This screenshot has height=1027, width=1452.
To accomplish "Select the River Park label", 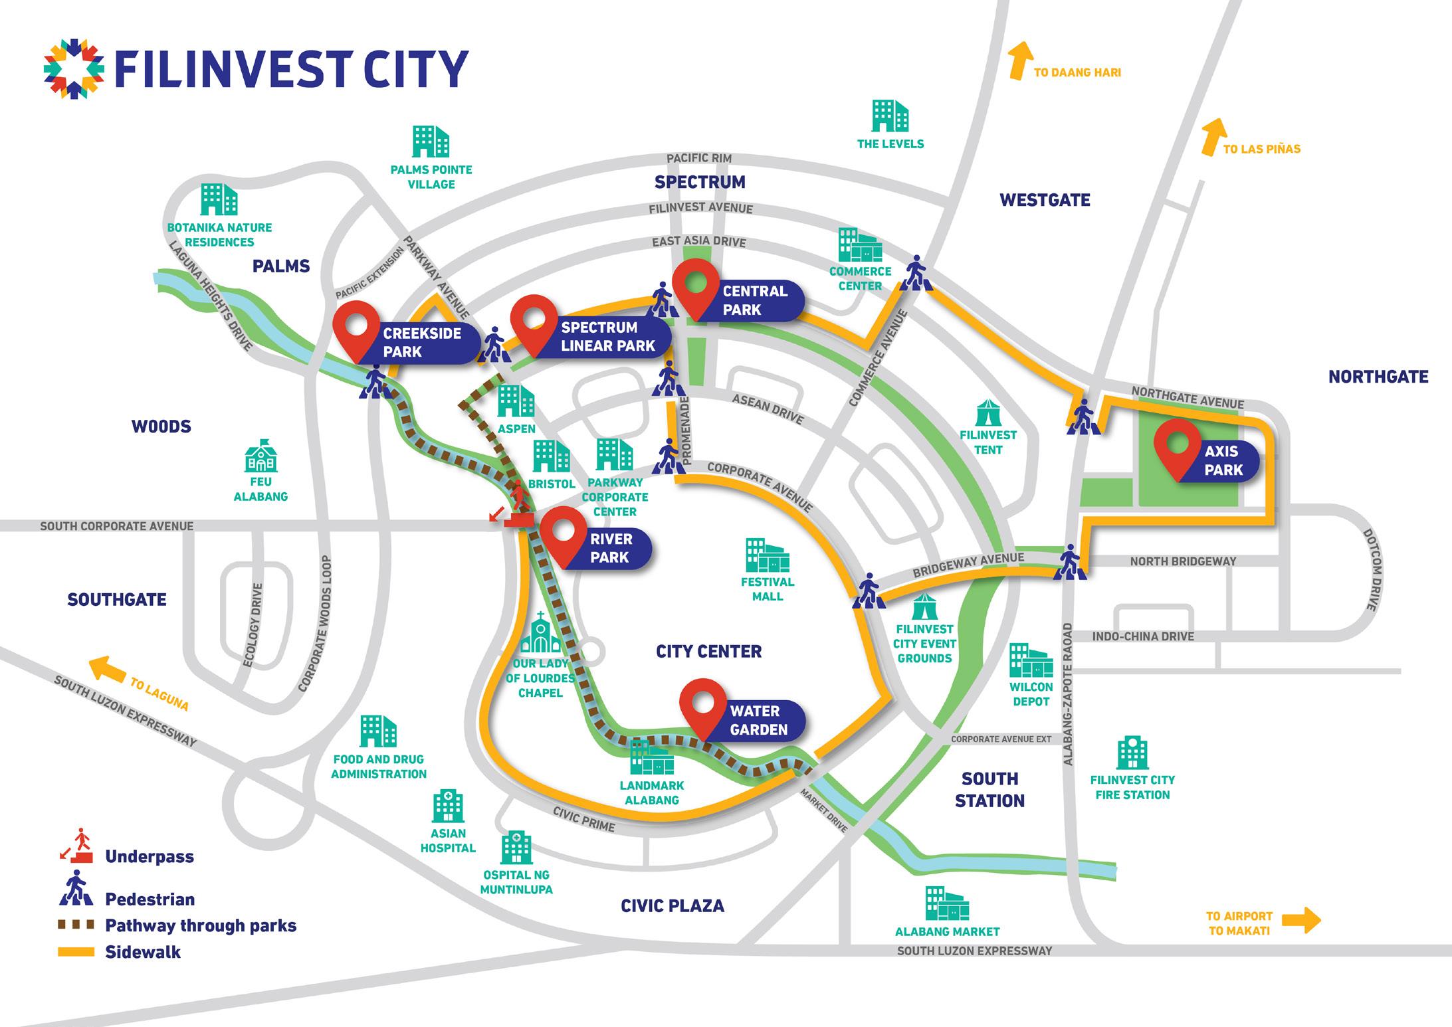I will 611,548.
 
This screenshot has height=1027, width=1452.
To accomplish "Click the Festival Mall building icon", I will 767,555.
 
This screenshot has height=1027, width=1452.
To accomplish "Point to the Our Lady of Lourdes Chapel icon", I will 540,634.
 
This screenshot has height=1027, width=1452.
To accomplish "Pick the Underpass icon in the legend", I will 76,846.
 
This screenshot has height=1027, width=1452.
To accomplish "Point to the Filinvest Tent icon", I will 988,413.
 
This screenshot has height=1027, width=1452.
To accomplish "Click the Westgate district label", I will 1045,200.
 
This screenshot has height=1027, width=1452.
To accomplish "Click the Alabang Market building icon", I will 947,903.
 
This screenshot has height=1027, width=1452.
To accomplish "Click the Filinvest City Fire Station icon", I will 1132,753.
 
